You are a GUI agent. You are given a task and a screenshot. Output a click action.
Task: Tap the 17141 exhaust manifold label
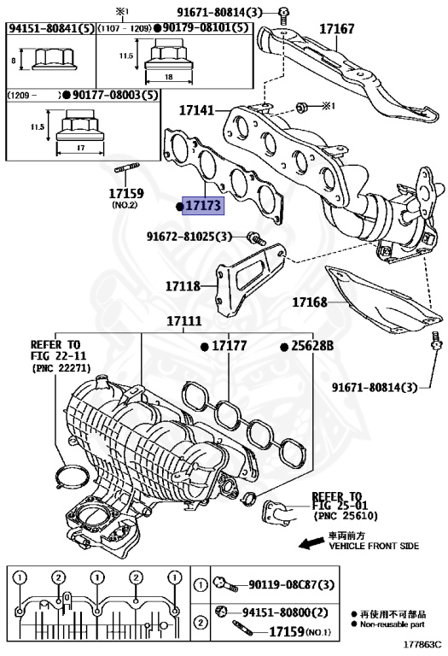click(x=197, y=110)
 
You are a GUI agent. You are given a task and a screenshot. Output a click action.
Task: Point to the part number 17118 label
click(x=182, y=288)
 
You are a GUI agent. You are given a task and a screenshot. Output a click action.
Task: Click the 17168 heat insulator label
click(x=311, y=302)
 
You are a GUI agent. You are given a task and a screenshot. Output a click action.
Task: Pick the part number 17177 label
click(x=229, y=346)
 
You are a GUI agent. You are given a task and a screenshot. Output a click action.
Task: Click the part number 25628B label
click(x=313, y=346)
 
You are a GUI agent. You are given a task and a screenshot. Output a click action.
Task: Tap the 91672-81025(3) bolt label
click(x=195, y=235)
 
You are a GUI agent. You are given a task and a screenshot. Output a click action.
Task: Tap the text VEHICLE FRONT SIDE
click(x=374, y=545)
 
